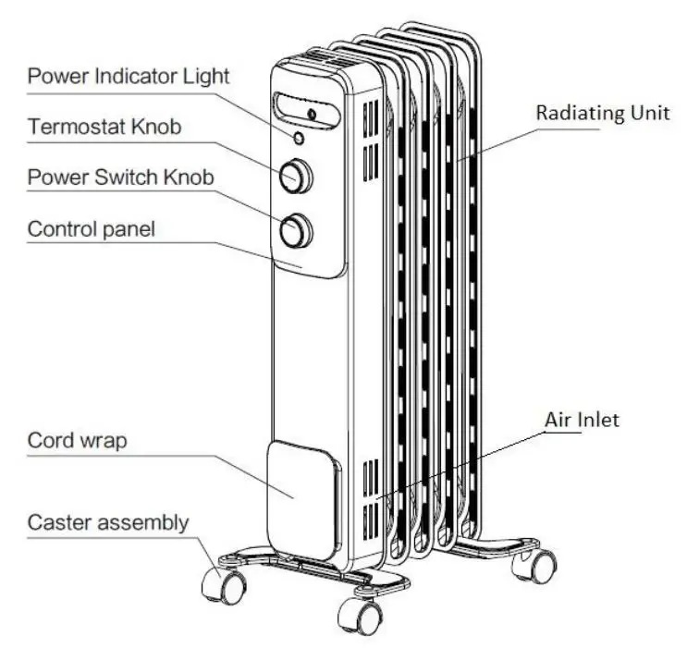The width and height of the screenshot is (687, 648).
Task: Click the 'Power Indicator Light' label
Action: click(129, 76)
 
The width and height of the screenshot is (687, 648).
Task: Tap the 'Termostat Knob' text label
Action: click(104, 127)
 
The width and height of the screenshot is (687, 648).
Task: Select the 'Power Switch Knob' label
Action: click(120, 176)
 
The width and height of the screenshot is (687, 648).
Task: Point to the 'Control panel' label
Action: click(92, 227)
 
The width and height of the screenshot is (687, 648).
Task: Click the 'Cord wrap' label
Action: click(77, 440)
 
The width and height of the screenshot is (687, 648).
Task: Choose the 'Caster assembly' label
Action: click(107, 522)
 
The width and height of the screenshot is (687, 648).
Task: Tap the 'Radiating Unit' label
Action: click(603, 113)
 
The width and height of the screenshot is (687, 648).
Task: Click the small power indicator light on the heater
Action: click(299, 139)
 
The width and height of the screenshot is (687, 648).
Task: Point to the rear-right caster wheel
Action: click(540, 564)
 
